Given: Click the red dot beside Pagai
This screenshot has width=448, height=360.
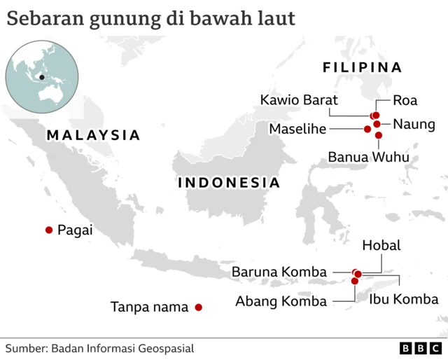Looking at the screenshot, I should coord(49,230).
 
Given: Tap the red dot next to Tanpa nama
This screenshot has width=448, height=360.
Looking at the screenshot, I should coord(199,307).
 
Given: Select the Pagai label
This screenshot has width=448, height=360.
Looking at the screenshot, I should coord(76,230).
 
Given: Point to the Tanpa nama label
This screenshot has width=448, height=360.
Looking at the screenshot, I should coord(150,307).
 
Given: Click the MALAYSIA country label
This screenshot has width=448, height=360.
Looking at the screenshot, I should coord(94,135).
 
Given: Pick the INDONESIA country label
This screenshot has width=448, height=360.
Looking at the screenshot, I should coord(229,183).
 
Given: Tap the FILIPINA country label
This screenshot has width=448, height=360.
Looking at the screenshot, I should coord(362,67).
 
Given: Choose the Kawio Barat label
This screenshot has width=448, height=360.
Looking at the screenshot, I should coord(299,99).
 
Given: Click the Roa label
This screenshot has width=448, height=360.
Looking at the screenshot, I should coord(405,100).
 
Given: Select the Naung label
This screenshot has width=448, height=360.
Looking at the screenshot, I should coord(414,124).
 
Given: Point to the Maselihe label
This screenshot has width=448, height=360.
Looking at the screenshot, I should coord(300,129).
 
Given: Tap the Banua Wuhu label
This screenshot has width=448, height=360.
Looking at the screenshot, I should coord(368,157).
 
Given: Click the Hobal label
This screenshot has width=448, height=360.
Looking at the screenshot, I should coord(381,245).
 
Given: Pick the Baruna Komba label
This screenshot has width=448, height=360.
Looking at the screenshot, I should coord(279,272).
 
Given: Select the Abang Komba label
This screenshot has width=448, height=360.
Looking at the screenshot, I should coord(281,301).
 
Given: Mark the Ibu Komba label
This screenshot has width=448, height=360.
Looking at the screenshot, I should coord(404,300).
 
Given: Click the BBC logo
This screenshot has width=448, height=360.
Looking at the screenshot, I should coord(421,348).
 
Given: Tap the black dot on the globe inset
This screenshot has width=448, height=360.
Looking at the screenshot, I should coord(42,77).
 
